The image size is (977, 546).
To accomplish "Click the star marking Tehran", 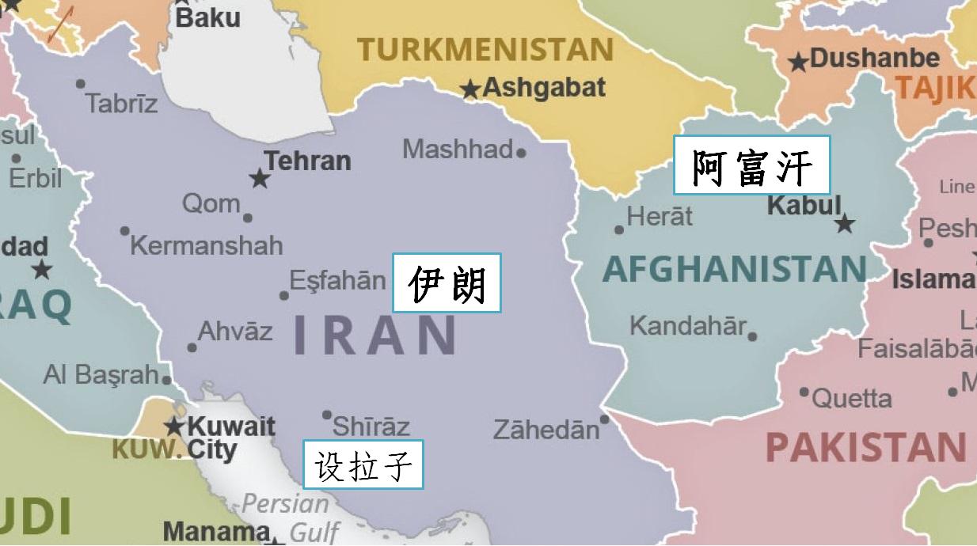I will [x=260, y=179].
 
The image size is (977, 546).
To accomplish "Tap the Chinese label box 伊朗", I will [x=447, y=282].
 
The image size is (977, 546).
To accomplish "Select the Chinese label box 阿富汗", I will [x=751, y=165].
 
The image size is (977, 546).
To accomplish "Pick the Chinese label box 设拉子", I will [x=363, y=464].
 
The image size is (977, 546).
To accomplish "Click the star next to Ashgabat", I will [x=471, y=90].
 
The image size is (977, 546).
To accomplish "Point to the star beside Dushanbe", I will [x=799, y=62].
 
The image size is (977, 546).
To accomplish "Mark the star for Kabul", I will [x=845, y=224].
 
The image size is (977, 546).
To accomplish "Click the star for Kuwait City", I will [x=174, y=427].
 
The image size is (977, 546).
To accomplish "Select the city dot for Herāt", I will [x=619, y=230].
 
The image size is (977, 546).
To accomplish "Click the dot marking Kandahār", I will [x=752, y=336].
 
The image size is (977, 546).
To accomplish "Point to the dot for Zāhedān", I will [x=605, y=419].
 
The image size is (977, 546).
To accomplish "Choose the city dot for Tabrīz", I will [x=80, y=84].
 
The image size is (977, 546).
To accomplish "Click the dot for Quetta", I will [x=804, y=392].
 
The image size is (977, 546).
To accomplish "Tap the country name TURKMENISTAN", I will [x=485, y=50].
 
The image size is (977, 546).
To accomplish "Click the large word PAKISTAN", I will [x=865, y=448].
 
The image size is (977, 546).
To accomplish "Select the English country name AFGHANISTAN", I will [x=735, y=270].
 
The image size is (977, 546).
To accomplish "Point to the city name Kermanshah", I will [x=206, y=245].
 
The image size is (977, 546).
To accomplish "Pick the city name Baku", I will [x=207, y=17].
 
